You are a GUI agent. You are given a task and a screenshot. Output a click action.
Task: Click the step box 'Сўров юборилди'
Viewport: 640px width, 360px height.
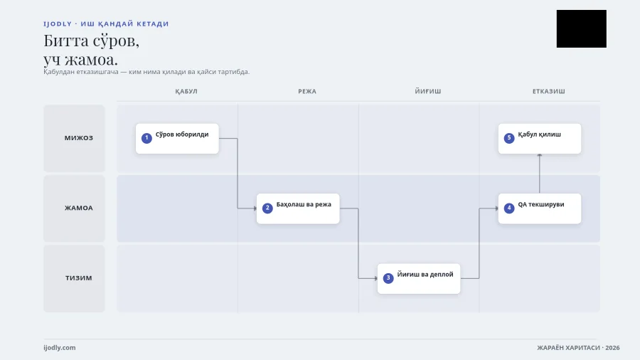[x=177, y=139]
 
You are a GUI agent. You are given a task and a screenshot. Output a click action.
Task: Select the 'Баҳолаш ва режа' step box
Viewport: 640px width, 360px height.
[x=298, y=208]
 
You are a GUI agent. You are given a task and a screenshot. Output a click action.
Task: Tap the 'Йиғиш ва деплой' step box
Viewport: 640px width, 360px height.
[x=419, y=279]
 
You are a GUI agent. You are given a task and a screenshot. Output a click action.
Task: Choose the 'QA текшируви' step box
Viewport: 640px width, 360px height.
[x=540, y=208]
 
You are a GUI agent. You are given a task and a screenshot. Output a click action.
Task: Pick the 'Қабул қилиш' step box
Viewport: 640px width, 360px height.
[x=540, y=139]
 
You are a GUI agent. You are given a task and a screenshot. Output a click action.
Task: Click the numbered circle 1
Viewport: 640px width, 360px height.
[x=146, y=138]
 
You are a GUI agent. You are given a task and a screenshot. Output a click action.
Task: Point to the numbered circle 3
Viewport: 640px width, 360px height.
[x=388, y=278]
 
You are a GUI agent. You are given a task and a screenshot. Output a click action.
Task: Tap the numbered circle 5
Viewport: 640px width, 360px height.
[x=509, y=138]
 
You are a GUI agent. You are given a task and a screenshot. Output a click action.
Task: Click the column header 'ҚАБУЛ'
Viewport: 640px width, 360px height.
[x=186, y=92]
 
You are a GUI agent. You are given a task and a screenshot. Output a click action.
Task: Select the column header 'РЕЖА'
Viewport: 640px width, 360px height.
[x=307, y=92]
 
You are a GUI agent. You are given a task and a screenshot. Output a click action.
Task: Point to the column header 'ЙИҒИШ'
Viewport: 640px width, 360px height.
[x=428, y=92]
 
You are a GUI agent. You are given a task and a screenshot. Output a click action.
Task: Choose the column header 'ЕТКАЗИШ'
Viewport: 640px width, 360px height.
[x=548, y=92]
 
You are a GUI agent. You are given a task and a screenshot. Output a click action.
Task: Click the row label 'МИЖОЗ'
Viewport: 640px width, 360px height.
[x=79, y=138]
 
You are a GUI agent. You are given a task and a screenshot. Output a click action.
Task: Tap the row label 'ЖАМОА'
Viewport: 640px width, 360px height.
[x=79, y=208]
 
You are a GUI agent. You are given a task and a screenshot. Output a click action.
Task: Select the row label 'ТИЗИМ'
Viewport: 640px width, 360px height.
[x=79, y=278]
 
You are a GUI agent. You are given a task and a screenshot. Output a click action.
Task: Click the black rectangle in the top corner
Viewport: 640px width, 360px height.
[x=581, y=28]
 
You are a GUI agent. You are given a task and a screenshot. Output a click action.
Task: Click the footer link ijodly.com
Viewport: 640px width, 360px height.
[x=60, y=348]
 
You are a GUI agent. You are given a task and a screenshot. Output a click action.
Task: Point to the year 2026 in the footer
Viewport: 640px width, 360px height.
[x=612, y=348]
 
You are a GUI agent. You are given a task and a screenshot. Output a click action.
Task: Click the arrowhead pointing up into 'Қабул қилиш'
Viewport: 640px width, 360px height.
[x=540, y=156]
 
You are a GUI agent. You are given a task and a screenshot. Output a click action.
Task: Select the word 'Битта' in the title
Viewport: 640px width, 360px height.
[x=66, y=41]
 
